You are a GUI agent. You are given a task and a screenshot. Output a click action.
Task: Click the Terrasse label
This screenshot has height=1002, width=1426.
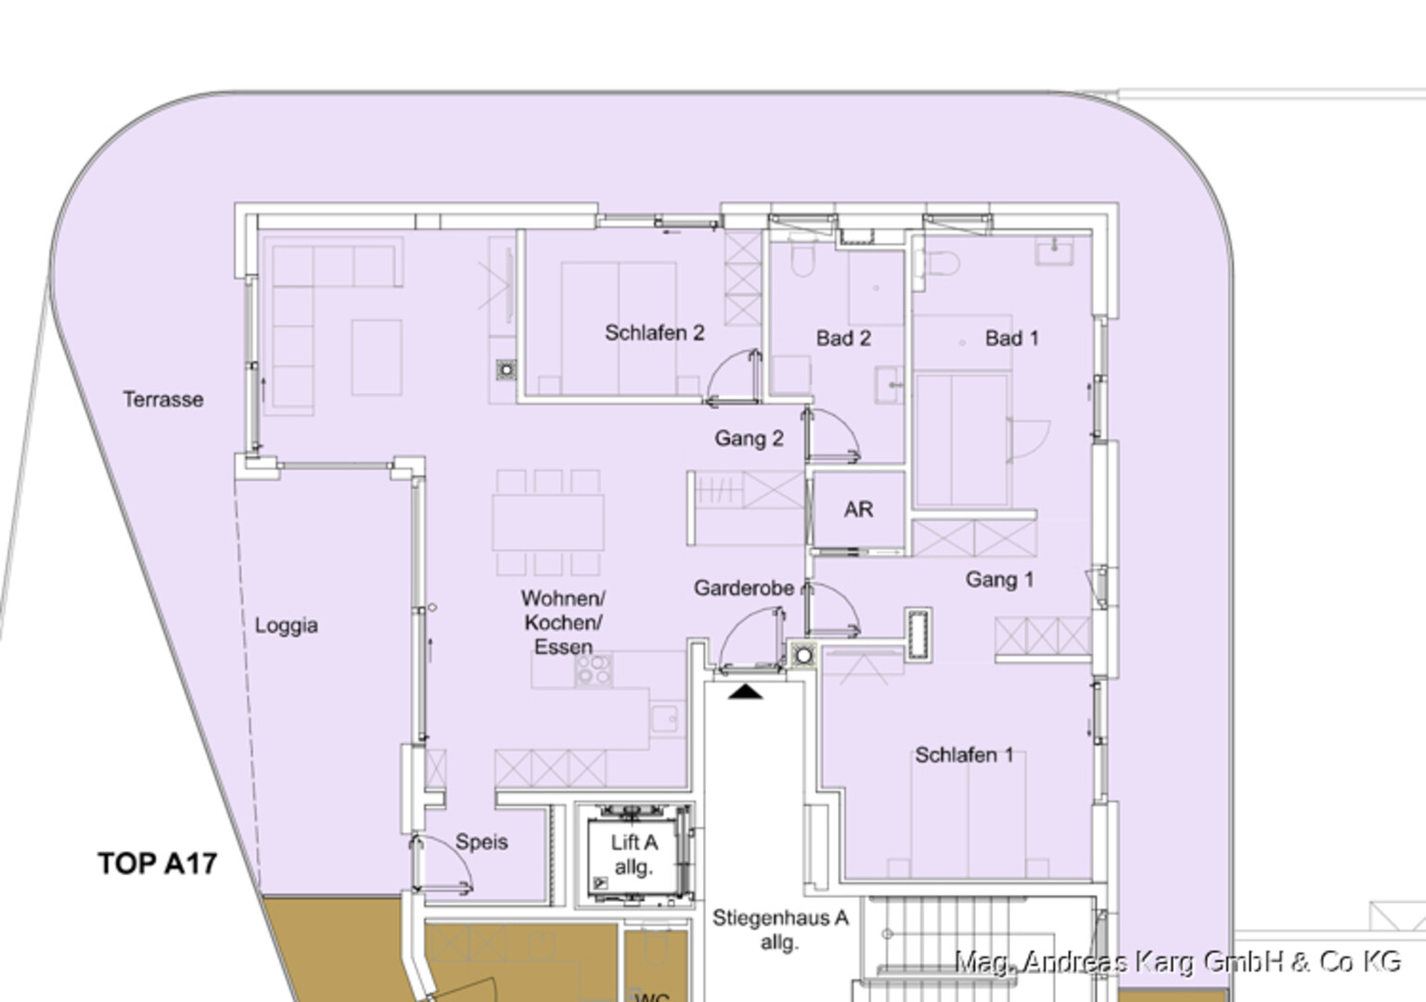[x=163, y=400]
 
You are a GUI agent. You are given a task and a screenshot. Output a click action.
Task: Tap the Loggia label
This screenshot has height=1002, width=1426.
[x=287, y=625]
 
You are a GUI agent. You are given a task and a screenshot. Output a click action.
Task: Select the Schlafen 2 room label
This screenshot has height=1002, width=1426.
[x=654, y=333]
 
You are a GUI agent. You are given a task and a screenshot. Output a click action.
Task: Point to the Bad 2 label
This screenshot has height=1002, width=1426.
[x=843, y=338]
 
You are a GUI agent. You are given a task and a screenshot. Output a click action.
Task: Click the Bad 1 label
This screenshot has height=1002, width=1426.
[x=1011, y=338]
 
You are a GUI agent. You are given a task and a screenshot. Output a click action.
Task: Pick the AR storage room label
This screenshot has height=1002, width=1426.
[x=858, y=509]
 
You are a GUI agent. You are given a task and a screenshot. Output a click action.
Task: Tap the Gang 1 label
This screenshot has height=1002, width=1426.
[x=999, y=579]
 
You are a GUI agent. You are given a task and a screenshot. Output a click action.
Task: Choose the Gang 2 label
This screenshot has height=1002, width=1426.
[x=749, y=439]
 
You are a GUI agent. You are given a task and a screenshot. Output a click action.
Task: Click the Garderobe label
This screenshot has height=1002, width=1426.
[x=743, y=588]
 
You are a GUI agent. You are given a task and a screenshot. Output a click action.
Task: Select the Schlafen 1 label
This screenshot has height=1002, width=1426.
[x=964, y=755]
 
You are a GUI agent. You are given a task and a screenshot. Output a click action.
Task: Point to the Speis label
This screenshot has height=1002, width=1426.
[x=482, y=842]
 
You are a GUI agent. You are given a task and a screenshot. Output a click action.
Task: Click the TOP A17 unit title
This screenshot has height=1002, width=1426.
[x=157, y=864]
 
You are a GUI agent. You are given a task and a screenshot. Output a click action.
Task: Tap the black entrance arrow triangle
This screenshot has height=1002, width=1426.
[x=745, y=692]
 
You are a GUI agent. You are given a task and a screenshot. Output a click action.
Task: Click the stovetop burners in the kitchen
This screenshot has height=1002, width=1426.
[x=594, y=670]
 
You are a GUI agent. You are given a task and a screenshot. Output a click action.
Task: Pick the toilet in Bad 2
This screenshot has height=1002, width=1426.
[x=803, y=259]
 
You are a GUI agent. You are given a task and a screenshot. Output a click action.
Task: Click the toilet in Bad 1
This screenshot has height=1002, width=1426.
[x=940, y=263]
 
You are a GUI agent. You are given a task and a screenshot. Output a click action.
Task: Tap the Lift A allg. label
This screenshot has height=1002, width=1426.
[x=633, y=854]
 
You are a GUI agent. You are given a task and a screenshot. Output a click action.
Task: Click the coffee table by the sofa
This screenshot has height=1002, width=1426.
[x=377, y=358]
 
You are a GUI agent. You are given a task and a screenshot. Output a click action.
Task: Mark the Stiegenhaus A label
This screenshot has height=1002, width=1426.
[x=780, y=918]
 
